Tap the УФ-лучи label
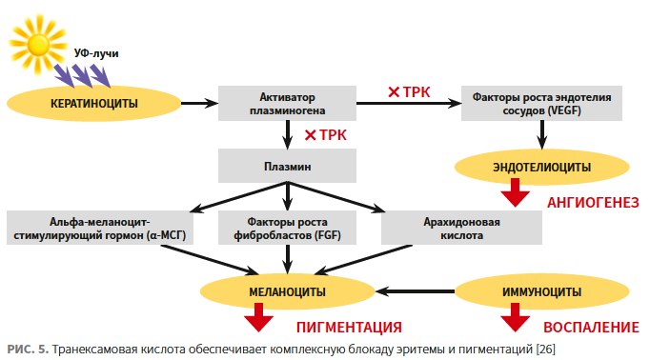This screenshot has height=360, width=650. tap(96, 53)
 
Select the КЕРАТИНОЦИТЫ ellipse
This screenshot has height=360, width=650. tap(94, 104)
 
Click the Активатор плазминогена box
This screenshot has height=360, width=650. tap(287, 104)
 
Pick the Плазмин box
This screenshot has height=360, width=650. tap(287, 166)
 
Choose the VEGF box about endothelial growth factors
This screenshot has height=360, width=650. tap(541, 104)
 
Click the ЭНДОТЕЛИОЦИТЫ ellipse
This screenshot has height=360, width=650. tap(541, 167)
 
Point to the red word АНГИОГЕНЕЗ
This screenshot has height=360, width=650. tap(593, 203)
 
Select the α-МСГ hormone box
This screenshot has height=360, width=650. tap(100, 228)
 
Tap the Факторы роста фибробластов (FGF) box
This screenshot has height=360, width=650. tap(287, 228)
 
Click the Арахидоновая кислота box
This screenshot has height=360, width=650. tap(461, 228)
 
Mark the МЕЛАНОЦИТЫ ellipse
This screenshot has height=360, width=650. tap(287, 291)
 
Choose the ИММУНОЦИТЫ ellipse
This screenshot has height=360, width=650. tap(541, 291)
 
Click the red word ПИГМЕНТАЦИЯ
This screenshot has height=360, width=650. tap(349, 328)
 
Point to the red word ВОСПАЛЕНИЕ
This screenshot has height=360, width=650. tap(591, 328)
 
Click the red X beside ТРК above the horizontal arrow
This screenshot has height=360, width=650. tap(394, 92)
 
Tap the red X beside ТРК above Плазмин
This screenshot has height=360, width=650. tap(310, 135)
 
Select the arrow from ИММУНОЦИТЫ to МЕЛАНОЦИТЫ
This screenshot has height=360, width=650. tap(415, 291)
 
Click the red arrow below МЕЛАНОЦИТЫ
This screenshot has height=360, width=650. tap(258, 317)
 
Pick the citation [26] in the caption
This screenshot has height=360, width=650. tap(545, 349)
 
